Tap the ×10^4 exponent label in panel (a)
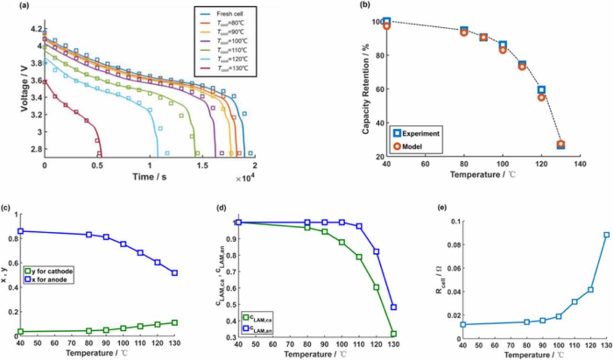[x=245, y=178]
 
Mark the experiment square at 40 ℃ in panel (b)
[x=387, y=22]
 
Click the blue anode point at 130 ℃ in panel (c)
[x=174, y=273]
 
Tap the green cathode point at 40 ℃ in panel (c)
[x=20, y=332]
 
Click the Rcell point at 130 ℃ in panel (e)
[x=606, y=235]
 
